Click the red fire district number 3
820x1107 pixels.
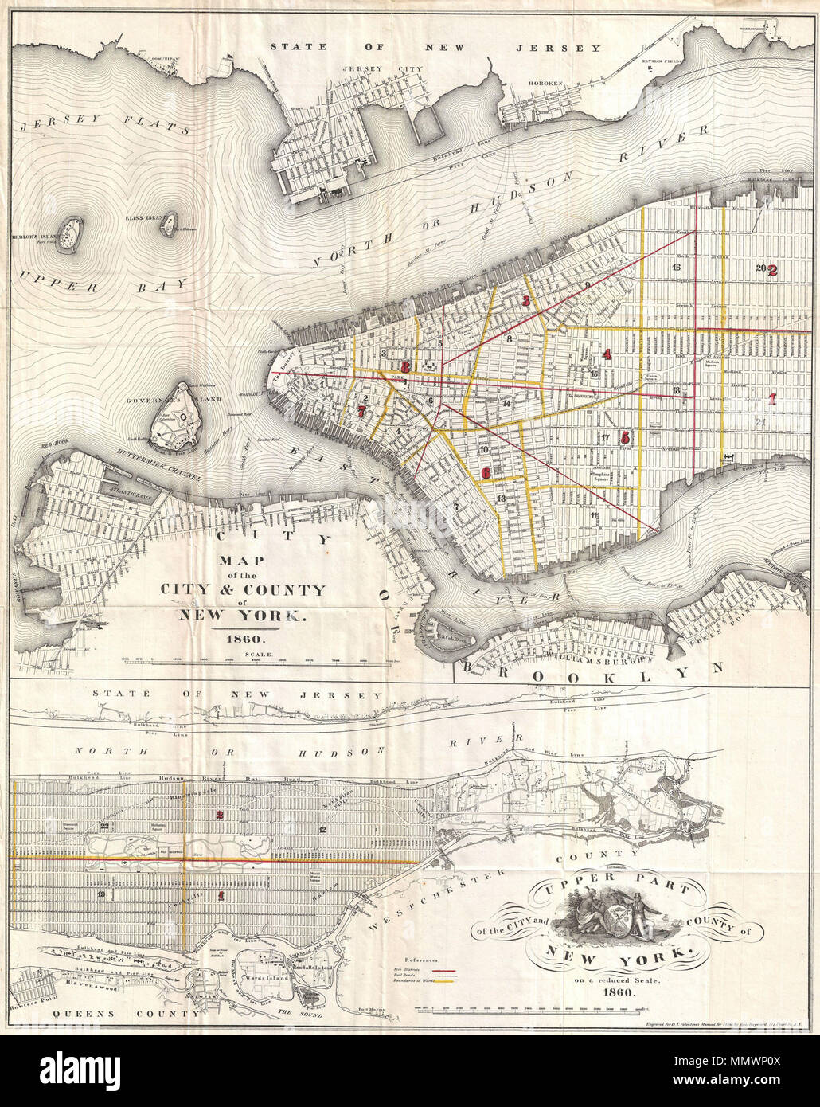(x=525, y=301)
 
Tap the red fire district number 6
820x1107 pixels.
(x=486, y=472)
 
